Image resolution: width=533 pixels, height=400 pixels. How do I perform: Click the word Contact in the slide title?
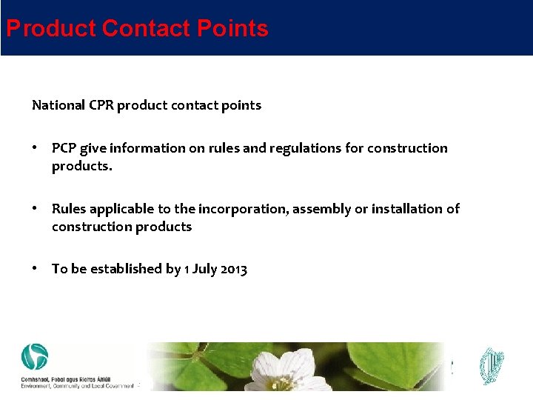(146, 29)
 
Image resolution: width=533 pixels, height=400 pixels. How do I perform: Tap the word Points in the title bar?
(232, 29)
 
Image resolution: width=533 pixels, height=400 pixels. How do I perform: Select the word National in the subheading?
(58, 105)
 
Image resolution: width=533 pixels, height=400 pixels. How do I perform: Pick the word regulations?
(305, 148)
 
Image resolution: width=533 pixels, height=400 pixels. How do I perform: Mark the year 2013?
(233, 269)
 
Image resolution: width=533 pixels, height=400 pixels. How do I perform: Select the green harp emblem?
(491, 366)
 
